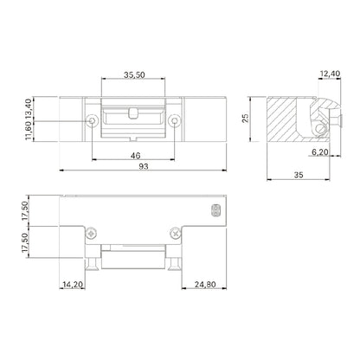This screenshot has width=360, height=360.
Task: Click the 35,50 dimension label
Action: click(x=133, y=74)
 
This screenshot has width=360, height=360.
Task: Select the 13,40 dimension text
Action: click(x=32, y=107)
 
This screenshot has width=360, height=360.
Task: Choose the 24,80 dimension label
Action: click(x=204, y=282)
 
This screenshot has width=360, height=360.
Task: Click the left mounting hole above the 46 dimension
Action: click(x=92, y=122)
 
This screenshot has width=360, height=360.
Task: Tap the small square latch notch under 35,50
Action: click(x=133, y=111)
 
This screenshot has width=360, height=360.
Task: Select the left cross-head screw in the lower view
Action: click(x=89, y=231)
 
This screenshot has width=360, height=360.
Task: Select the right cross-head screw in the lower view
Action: click(x=178, y=231)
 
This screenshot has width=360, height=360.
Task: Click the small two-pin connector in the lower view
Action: click(x=215, y=210)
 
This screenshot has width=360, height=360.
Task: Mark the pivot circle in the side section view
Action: click(x=321, y=129)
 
